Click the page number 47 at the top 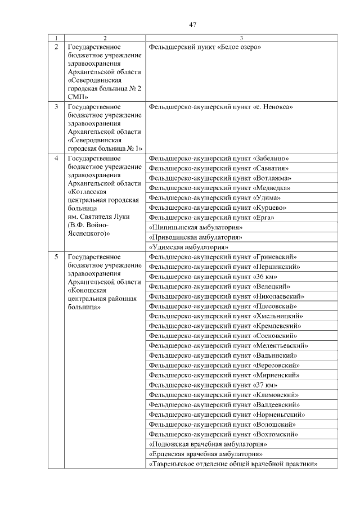(x=192, y=24)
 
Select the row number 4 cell (x=56, y=158)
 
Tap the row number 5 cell (x=56, y=257)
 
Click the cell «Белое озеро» (x=206, y=47)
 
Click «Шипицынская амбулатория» (x=195, y=227)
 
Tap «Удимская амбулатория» (x=188, y=247)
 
